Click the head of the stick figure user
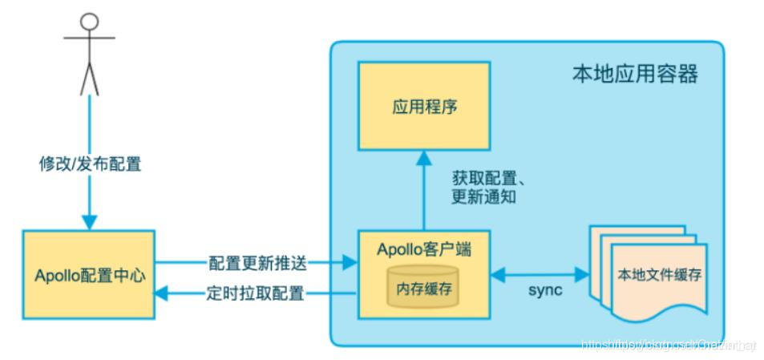coord(90,20)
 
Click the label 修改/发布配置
coord(90,164)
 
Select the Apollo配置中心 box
coord(89,275)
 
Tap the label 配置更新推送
coord(257,262)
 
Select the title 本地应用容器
coord(634,75)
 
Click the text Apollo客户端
coord(424,249)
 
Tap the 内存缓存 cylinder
coord(423,285)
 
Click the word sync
coord(544,290)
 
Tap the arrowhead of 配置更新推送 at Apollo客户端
coord(349,262)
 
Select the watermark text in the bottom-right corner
coord(668,345)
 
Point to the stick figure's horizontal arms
coord(90,38)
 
